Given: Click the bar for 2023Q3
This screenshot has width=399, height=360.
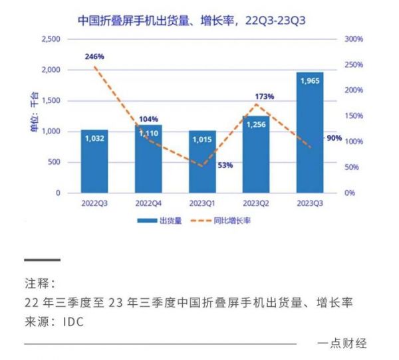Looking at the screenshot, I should [310, 133].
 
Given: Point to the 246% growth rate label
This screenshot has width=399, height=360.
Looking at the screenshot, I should [94, 56].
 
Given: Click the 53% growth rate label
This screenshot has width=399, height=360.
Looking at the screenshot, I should [225, 165].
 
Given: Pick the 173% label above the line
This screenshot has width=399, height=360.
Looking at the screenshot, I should [264, 97].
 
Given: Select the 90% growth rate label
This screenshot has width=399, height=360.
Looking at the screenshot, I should [334, 138].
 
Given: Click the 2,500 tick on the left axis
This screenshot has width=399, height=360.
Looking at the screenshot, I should [51, 39].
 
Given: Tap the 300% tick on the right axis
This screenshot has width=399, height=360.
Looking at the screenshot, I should [353, 39].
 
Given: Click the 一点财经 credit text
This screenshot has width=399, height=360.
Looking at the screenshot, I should [342, 343].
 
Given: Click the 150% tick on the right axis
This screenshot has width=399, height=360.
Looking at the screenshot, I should [353, 116].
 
